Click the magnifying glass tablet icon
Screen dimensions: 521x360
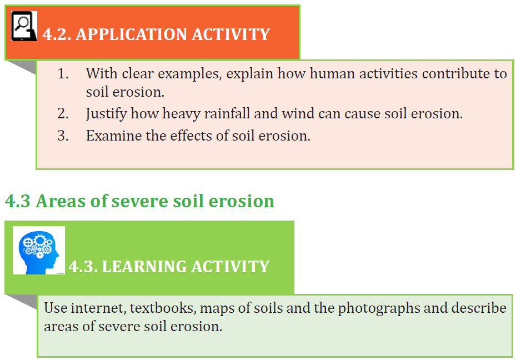point(24,26)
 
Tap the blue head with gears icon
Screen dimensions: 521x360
point(39,251)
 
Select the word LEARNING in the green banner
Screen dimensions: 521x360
point(144,267)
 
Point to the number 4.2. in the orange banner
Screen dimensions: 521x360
point(57,34)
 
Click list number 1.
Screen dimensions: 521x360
point(63,74)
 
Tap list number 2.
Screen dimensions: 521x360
point(63,114)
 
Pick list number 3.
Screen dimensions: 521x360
point(63,136)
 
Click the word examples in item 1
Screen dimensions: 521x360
point(190,74)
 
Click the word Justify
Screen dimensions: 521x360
point(106,114)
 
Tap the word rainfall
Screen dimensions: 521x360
point(227,113)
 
